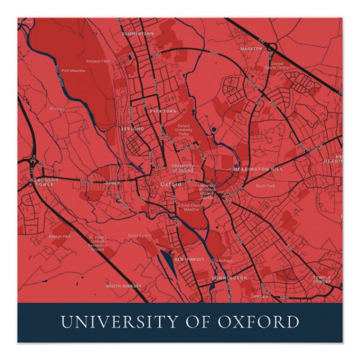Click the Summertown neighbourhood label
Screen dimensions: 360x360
coord(138,33)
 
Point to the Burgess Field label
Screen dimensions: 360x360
coord(98,61)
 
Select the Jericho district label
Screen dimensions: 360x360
coord(132,128)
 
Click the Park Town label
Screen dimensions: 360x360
coord(163,111)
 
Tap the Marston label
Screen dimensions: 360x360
coord(251,48)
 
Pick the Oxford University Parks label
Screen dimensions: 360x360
coord(183,130)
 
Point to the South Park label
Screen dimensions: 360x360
coord(264,185)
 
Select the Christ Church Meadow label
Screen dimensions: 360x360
coord(192,206)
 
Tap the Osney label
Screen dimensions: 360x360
coord(112,182)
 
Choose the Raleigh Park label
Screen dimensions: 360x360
coord(61,236)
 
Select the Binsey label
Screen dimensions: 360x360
coord(56,108)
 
